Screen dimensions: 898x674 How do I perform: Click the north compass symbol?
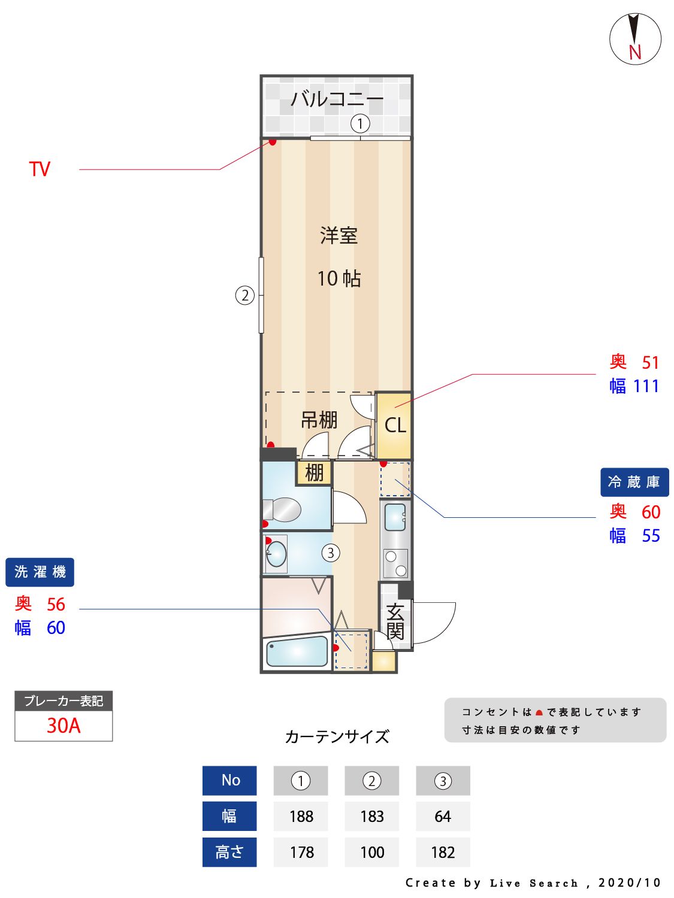(x=635, y=39)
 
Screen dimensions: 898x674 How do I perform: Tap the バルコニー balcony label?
(x=337, y=98)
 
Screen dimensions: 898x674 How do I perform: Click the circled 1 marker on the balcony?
(x=359, y=124)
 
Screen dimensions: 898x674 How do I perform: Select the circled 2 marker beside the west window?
(x=244, y=295)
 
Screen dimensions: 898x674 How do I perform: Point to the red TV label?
(x=40, y=169)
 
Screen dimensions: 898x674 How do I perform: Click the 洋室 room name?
(x=338, y=235)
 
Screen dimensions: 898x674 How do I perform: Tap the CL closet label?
(x=395, y=426)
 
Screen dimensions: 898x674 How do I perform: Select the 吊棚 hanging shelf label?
(x=319, y=420)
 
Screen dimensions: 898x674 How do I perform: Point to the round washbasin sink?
(x=276, y=554)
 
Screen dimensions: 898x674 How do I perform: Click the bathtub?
(x=297, y=653)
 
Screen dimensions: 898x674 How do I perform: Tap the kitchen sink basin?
(x=395, y=517)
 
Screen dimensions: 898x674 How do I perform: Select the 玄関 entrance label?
(x=395, y=622)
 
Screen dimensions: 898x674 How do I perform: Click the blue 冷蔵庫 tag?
(x=634, y=482)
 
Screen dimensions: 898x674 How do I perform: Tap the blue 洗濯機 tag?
(x=40, y=572)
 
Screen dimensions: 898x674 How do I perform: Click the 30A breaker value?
(x=64, y=726)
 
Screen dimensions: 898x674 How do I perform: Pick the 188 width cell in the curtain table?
(x=301, y=817)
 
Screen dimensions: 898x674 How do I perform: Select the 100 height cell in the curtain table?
(x=371, y=853)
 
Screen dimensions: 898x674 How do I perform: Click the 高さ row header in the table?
(x=229, y=853)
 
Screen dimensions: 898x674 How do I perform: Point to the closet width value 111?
(x=646, y=386)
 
